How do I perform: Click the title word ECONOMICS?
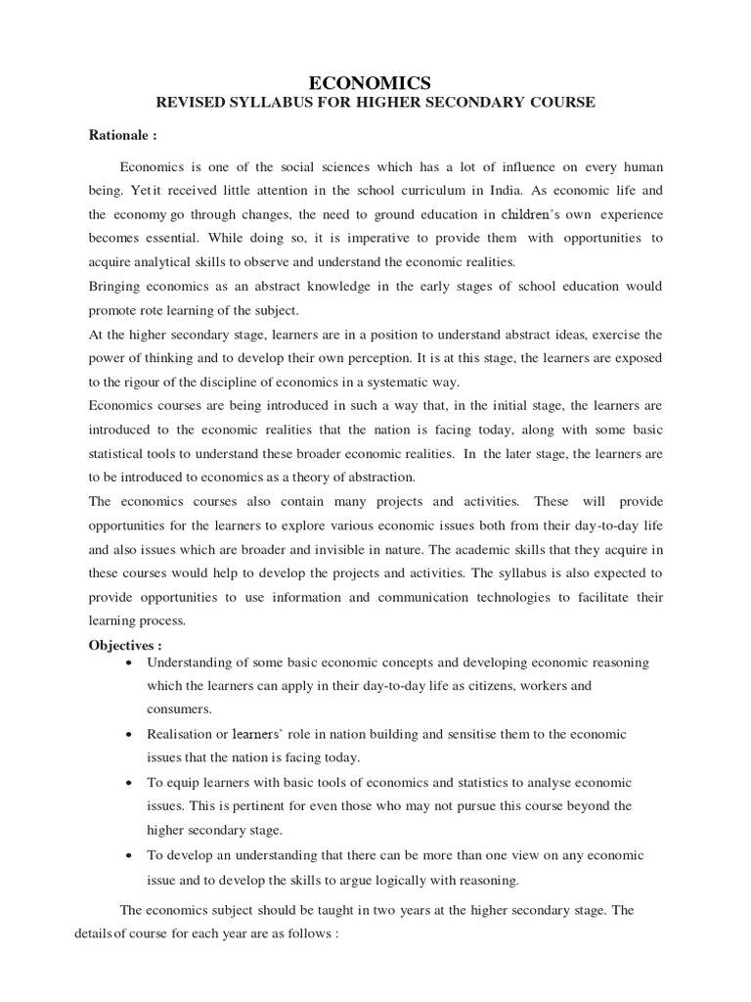pos(375,84)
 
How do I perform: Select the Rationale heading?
pos(122,136)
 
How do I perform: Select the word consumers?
pos(179,709)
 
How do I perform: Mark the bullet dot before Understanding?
pos(131,663)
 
